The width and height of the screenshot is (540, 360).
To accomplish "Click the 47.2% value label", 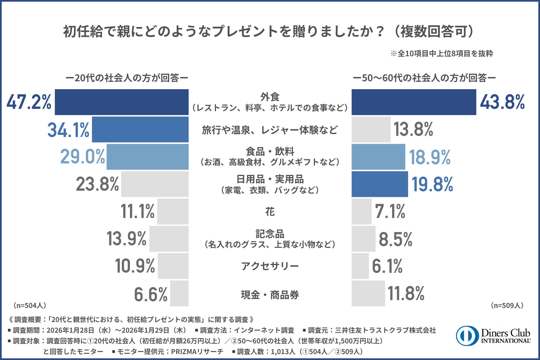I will (x=29, y=102).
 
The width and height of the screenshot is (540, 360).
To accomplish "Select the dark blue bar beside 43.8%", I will (x=414, y=102).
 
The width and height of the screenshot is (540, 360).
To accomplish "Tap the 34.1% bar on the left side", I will (x=140, y=129).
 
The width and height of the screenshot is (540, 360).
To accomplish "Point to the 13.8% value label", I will (x=413, y=129).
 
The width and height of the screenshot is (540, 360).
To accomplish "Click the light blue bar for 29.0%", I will (x=147, y=157).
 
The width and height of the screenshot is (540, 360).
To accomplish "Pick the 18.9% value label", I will (x=430, y=157).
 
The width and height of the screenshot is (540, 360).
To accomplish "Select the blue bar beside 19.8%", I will (x=380, y=184).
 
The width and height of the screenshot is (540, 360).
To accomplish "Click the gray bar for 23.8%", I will (x=155, y=184).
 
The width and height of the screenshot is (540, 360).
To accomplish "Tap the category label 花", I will (x=270, y=211).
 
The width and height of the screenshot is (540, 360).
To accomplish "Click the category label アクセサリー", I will (x=270, y=266).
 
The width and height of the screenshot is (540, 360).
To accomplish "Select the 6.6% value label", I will (x=151, y=294).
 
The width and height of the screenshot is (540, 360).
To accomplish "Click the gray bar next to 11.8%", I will (x=368, y=293).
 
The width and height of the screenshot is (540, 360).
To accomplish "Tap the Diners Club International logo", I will (x=493, y=336).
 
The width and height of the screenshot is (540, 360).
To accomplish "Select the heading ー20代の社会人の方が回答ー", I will (x=127, y=78).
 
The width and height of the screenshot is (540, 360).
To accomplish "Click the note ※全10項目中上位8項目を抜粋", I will (x=442, y=53).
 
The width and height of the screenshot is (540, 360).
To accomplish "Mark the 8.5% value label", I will (x=395, y=239).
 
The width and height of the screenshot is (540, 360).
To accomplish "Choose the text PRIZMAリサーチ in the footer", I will (x=197, y=352).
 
